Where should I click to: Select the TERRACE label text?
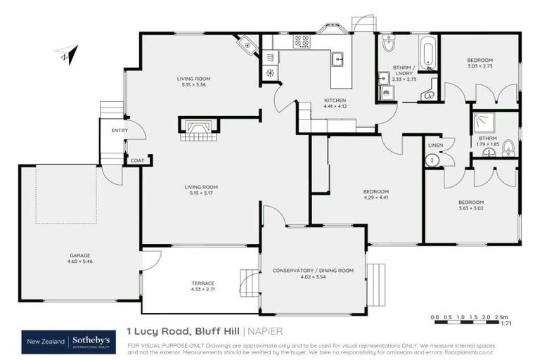tap(203, 283)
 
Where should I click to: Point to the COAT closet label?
tap(136, 161)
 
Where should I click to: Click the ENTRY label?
tap(120, 130)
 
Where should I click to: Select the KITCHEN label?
tap(335, 101)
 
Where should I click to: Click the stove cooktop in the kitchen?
tap(302, 41)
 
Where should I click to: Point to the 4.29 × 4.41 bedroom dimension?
tap(375, 198)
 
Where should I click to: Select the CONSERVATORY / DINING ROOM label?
tap(313, 270)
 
